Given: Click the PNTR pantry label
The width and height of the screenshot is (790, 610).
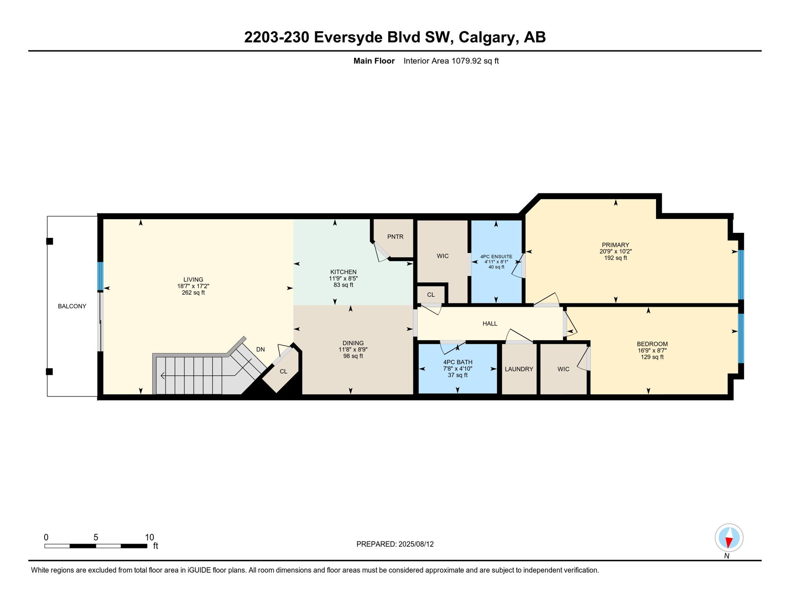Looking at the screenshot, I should tap(395, 237).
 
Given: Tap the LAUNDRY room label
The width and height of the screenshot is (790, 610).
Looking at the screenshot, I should tap(519, 369).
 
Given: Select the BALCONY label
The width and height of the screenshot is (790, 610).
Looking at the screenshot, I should tap(72, 306).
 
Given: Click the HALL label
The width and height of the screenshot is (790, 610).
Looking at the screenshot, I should tap(490, 324).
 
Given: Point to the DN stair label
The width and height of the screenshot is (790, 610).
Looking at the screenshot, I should tap(260, 349).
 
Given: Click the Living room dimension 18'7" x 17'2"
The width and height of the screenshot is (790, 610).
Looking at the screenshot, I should tap(193, 286).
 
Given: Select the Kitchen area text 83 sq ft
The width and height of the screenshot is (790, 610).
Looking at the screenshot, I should tap(343, 285).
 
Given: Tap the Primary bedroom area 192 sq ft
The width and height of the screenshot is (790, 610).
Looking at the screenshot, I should tap(615, 258).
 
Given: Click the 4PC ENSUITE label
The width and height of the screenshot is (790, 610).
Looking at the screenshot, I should tap(496, 257).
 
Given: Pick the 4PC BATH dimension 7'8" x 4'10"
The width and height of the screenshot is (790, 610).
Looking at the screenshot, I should tap(457, 369).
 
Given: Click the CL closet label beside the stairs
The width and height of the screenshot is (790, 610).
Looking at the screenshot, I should tap(283, 371).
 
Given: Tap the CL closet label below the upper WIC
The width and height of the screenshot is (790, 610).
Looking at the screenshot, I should tap(431, 295).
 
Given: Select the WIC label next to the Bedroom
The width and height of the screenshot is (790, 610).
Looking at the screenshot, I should tap(563, 369).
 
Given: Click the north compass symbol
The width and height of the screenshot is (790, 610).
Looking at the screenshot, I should tap(729, 538).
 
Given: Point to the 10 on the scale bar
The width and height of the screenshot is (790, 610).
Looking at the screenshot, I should tap(149, 537).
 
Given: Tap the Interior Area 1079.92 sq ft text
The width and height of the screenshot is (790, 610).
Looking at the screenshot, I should tap(451, 61).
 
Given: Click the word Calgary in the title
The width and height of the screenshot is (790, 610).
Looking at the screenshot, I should tap(488, 37).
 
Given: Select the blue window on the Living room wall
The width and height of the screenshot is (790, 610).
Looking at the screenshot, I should tap(101, 276).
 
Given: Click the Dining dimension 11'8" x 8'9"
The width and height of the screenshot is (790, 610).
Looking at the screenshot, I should tap(353, 349).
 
